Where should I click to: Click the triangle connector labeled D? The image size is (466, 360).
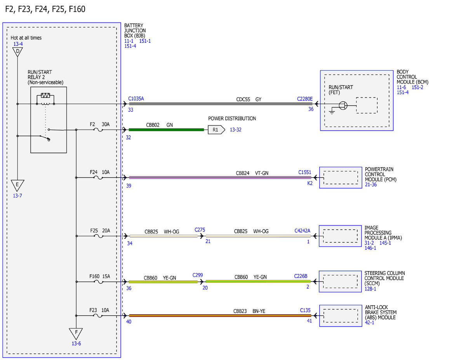pos(17,52)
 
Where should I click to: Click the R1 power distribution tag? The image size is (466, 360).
pos(216,130)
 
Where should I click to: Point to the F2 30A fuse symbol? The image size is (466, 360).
pos(98,130)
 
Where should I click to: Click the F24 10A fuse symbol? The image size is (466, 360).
pos(98,178)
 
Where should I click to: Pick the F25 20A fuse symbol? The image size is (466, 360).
pos(99,236)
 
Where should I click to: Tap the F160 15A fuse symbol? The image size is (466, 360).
pos(99,282)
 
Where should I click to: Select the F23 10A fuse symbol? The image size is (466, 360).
pos(98,316)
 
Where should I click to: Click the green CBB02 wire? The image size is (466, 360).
pos(166,130)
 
